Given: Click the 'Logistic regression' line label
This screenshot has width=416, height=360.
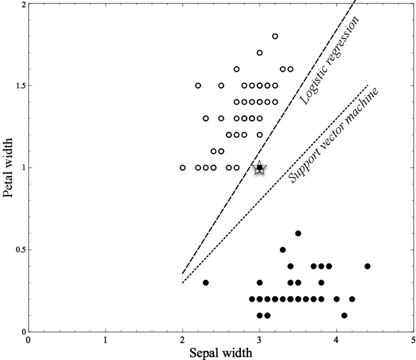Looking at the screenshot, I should coord(330,60).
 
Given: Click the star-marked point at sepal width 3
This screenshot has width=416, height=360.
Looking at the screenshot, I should coord(260,168).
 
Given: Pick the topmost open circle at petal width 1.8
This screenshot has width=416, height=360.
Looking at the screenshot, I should coord(275,36).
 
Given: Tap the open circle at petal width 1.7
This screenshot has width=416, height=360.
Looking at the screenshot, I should coord(260,53).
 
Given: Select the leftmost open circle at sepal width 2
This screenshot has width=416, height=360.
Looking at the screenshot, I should coord(183,168).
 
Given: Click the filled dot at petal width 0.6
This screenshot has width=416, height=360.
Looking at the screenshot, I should coord(298,233).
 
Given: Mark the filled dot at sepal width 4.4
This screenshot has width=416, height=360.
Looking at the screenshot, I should coord(367,266).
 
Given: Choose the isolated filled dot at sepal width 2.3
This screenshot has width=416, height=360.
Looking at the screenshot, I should coord(206,282).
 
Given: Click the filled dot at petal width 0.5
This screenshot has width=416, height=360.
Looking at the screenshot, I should coord(283,250).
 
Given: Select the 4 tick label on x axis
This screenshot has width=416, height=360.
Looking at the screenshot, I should coord(337,340).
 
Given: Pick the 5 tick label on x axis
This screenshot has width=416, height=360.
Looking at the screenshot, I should coord(413,340).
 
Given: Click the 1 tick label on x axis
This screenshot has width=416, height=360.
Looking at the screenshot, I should coord(105,340).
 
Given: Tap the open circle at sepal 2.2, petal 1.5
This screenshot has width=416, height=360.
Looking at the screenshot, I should coord(198,86).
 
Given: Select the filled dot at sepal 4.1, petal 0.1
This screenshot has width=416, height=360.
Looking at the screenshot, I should coord(344,315).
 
